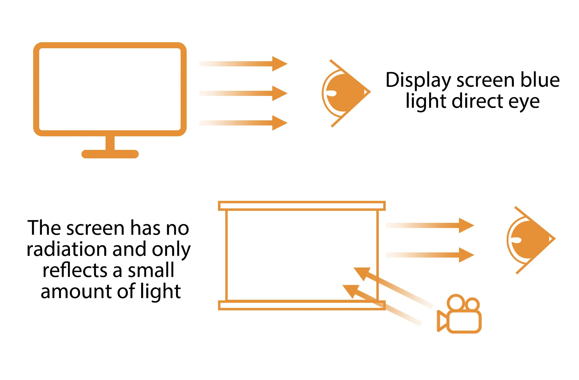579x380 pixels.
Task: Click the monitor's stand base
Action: (x=110, y=154)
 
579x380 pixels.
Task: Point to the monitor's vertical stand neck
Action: (x=110, y=143)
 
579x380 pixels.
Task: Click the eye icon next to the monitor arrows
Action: (x=345, y=93)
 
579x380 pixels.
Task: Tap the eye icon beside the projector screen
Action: (x=530, y=240)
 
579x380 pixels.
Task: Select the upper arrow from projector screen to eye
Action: (x=430, y=225)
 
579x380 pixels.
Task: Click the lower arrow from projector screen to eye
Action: (x=430, y=255)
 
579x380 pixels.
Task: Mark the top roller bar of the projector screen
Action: (x=302, y=206)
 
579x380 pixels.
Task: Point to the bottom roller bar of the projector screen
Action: (x=302, y=305)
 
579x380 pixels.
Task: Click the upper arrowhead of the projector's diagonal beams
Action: (x=362, y=273)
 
